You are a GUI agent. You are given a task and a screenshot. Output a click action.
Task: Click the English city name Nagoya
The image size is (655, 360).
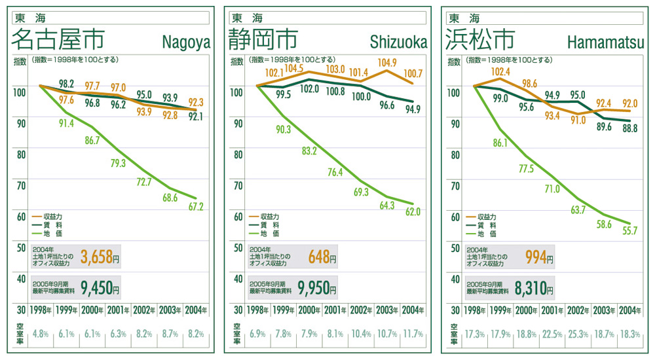click(x=186, y=43)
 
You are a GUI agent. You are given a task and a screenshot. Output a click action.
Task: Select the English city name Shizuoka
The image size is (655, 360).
click(x=398, y=43)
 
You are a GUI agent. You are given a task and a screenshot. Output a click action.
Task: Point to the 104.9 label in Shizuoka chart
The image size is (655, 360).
click(x=387, y=63)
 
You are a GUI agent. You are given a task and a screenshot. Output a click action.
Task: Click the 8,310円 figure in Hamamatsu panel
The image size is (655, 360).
click(x=534, y=287)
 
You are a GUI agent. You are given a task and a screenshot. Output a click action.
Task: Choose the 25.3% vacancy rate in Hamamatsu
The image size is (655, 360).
click(x=578, y=334)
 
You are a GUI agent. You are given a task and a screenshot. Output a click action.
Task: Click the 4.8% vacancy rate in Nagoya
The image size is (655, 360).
click(x=41, y=334)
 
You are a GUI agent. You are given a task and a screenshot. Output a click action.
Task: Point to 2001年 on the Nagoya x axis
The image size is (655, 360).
click(x=119, y=310)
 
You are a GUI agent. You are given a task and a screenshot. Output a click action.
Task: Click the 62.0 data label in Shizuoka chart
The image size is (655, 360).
click(x=412, y=211)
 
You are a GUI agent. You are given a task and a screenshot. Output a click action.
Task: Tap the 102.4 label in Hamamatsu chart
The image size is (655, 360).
click(x=500, y=72)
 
